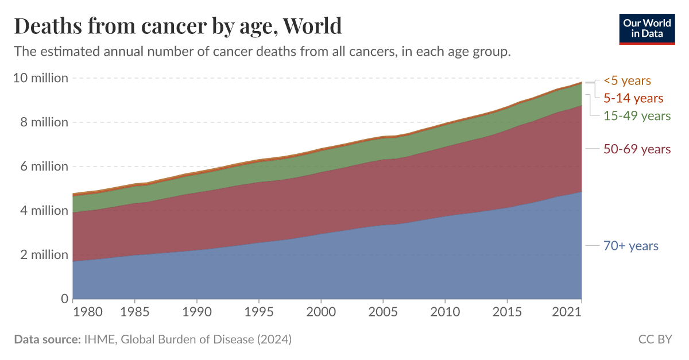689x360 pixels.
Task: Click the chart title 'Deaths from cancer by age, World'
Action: tap(178, 26)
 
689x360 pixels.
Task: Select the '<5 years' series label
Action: tap(627, 81)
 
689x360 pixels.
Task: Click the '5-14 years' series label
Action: tap(633, 98)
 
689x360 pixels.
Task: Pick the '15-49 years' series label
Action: tap(637, 116)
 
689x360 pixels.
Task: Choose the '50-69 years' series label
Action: tap(637, 149)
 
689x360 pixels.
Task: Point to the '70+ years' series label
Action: tap(630, 246)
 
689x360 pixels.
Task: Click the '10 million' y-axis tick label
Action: tap(41, 78)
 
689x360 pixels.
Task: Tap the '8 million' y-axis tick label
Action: tap(44, 122)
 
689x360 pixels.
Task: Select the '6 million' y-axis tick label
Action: tap(44, 167)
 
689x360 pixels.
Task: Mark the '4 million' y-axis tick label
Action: tap(44, 211)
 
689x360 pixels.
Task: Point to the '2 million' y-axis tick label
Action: tap(44, 255)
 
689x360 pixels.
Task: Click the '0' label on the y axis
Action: tap(65, 299)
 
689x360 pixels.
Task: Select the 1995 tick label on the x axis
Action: tap(259, 313)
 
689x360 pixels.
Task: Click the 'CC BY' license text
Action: tap(655, 339)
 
